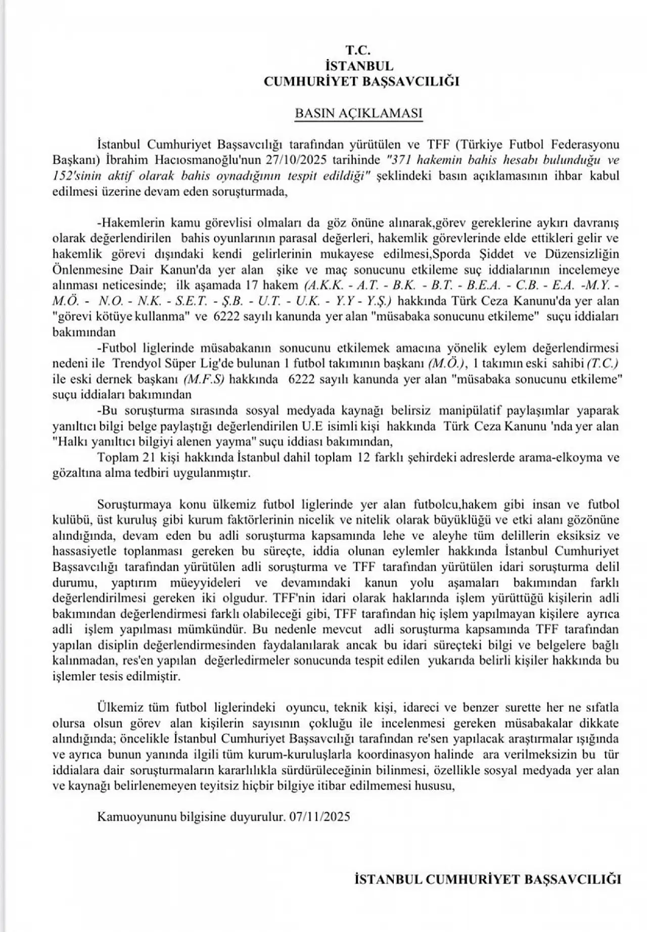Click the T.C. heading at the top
[358, 50]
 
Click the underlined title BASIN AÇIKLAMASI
[358, 113]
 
